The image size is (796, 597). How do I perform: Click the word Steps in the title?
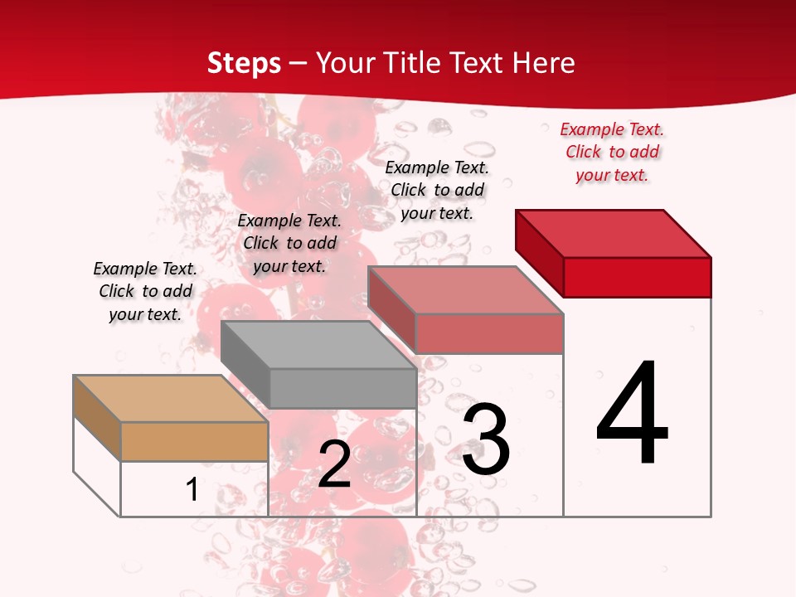[243, 63]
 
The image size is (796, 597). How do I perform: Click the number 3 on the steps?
[486, 439]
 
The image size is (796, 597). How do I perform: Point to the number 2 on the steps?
[334, 464]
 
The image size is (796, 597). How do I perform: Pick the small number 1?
[192, 489]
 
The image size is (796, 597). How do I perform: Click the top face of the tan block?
[170, 399]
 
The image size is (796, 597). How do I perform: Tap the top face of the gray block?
[318, 345]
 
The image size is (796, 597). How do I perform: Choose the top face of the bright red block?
[614, 234]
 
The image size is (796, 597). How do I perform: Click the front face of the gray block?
[342, 388]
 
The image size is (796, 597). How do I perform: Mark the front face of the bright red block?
[637, 277]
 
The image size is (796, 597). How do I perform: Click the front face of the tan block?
[194, 441]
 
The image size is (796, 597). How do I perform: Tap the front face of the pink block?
[489, 333]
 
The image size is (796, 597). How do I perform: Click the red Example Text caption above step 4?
[612, 152]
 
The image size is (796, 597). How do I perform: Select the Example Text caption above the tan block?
[145, 291]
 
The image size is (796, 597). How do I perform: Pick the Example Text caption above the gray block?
[289, 243]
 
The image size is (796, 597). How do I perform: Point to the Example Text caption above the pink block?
[437, 190]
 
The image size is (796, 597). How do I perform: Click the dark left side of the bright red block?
[539, 249]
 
